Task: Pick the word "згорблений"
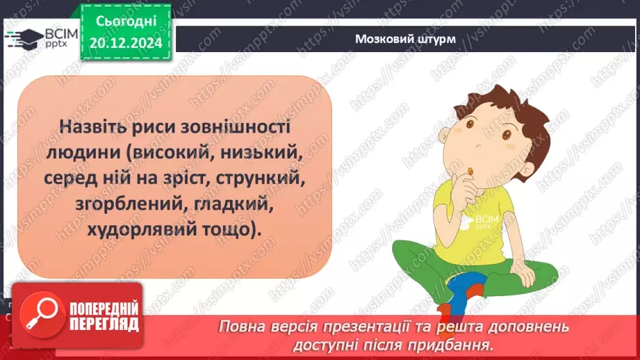tap(110, 204)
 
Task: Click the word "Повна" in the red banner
tap(242, 327)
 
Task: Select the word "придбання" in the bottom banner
tap(461, 343)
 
